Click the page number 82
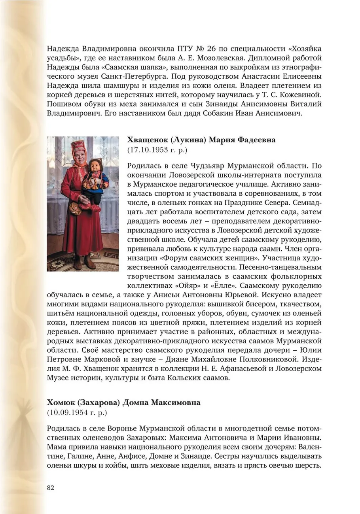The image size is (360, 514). pos(50,487)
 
